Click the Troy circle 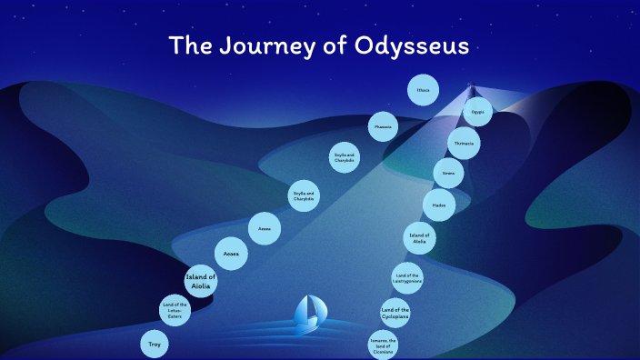point(154,345)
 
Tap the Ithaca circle point(423,90)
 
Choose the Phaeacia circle point(384,126)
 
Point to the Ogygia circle point(478,113)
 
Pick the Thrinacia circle point(463,143)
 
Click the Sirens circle point(448,173)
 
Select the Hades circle point(439,205)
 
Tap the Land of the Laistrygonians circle point(406,275)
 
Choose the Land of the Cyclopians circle point(395,312)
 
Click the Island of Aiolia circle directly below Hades point(419,238)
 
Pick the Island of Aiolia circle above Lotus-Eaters point(201,280)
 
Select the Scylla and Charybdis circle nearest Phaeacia point(345,158)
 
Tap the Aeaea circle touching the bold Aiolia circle point(230,254)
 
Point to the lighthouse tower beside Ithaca point(471,90)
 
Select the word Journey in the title point(263,45)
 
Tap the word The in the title point(190,45)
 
